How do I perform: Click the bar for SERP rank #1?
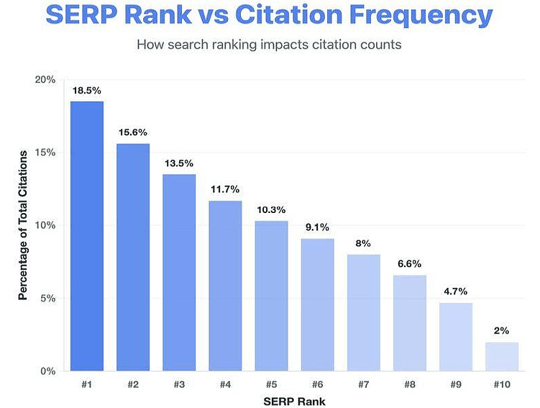click(86, 236)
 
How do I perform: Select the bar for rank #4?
click(225, 286)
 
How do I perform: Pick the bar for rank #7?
click(363, 312)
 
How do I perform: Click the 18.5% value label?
click(86, 91)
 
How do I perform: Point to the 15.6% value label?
click(132, 132)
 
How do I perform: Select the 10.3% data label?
click(271, 210)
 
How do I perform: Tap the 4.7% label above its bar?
click(455, 291)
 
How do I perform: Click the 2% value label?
click(502, 331)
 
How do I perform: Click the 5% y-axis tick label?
click(48, 299)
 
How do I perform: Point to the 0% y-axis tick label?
click(48, 371)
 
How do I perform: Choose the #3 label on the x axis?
click(179, 385)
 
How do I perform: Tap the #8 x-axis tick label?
click(409, 385)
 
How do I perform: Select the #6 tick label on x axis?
click(317, 385)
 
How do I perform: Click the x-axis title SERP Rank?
click(294, 400)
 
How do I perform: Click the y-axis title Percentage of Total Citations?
click(23, 225)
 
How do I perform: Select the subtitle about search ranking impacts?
click(270, 43)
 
